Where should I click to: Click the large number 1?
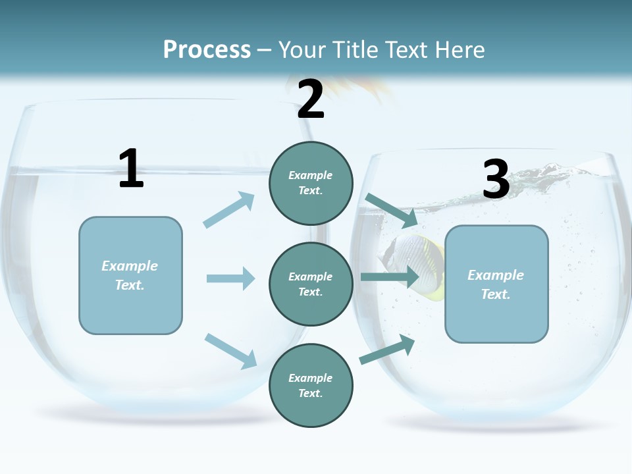point(131,169)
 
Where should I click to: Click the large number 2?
point(310,99)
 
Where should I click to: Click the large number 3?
point(496,180)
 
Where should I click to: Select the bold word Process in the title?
point(207,49)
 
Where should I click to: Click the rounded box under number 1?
point(130,275)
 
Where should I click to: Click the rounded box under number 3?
point(496,284)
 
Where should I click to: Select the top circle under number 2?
point(311,183)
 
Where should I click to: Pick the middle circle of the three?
point(311,284)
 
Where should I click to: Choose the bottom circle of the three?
point(311,385)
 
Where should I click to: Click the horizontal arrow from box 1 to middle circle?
point(230,278)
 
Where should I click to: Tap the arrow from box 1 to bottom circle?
point(230,350)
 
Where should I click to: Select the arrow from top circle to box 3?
point(391,209)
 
